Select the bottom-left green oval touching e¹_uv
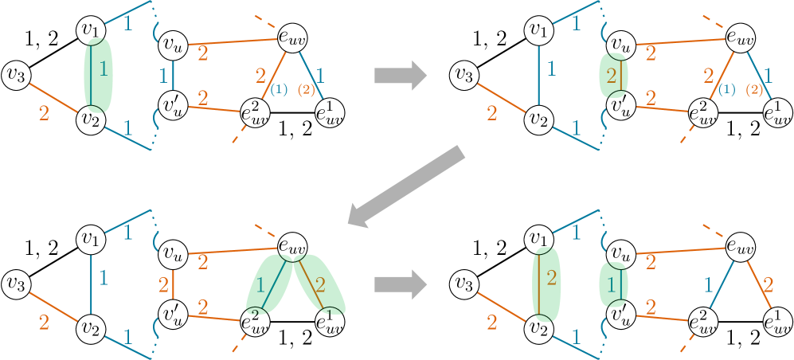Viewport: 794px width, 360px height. pyautogui.click(x=319, y=283)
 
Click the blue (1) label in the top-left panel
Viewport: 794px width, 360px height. pyautogui.click(x=278, y=91)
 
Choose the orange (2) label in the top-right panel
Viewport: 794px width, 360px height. pyautogui.click(x=753, y=91)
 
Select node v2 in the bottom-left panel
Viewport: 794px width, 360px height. pyautogui.click(x=90, y=327)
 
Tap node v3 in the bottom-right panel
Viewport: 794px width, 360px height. pyautogui.click(x=466, y=283)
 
